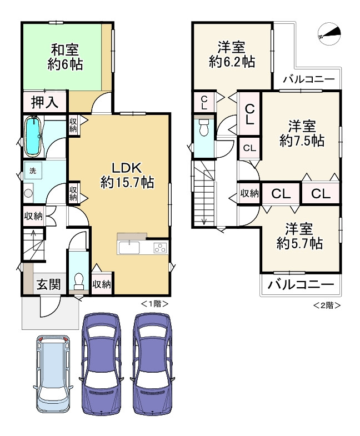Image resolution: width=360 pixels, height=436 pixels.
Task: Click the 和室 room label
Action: [x=65, y=49]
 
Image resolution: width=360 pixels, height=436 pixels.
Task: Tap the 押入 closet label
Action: [x=45, y=102]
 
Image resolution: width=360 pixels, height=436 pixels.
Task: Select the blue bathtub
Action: [x=34, y=136]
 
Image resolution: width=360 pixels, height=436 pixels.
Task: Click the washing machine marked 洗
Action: [x=33, y=170]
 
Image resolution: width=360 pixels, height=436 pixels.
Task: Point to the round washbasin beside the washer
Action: [x=28, y=193]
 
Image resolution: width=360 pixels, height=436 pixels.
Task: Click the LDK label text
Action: [x=127, y=168]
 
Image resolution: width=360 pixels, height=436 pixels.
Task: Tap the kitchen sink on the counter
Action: [x=129, y=248]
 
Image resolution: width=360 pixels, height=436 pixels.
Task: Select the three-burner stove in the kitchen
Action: [x=161, y=248]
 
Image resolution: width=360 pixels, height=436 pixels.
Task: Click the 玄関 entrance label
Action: [x=49, y=284]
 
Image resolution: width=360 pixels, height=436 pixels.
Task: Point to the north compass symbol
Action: [x=329, y=34]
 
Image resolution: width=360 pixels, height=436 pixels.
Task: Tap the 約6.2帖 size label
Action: [x=232, y=62]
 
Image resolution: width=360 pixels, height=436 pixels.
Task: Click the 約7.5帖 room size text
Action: [x=302, y=141]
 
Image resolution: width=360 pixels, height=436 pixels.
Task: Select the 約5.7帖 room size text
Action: [x=299, y=244]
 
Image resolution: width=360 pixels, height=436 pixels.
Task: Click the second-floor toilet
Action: [x=204, y=127]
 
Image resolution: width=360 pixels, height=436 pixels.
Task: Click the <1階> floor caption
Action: [x=155, y=304]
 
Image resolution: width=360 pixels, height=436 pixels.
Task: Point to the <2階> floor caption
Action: [x=327, y=305]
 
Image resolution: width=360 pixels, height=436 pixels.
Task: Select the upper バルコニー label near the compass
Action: [x=309, y=80]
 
